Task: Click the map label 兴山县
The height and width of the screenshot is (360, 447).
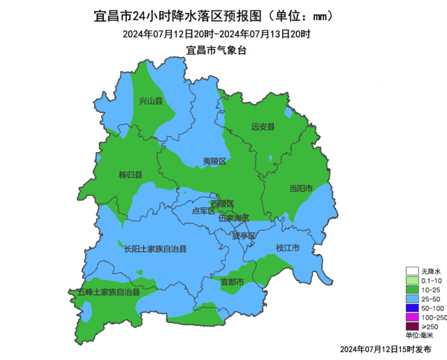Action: [x=150, y=101]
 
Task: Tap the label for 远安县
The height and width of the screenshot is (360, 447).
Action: [x=263, y=126]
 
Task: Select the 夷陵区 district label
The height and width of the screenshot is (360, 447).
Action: [x=214, y=161]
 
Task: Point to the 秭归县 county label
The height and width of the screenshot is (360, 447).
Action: [x=131, y=174]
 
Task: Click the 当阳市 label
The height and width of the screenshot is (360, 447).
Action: [x=301, y=188]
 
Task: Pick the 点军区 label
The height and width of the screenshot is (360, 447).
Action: [x=203, y=211]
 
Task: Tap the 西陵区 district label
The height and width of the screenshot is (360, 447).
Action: [x=222, y=204]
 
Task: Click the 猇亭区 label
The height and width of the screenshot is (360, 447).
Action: [x=244, y=236]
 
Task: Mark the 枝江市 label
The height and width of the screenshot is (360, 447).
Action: [x=288, y=248]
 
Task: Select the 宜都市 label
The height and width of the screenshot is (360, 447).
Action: [x=232, y=283]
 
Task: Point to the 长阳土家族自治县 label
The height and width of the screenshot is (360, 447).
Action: [x=155, y=248]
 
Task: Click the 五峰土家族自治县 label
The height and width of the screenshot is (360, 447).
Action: [x=108, y=292]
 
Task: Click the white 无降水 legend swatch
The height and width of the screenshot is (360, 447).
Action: [x=412, y=271]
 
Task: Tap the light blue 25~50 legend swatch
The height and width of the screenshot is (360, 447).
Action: [x=412, y=299]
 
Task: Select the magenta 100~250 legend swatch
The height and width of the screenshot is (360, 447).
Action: [x=412, y=317]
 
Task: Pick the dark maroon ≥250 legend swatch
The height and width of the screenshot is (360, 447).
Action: [x=412, y=327]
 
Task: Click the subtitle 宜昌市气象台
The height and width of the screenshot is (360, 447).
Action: [x=217, y=50]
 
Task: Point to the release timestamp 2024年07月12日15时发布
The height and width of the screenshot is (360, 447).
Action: [x=386, y=348]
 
